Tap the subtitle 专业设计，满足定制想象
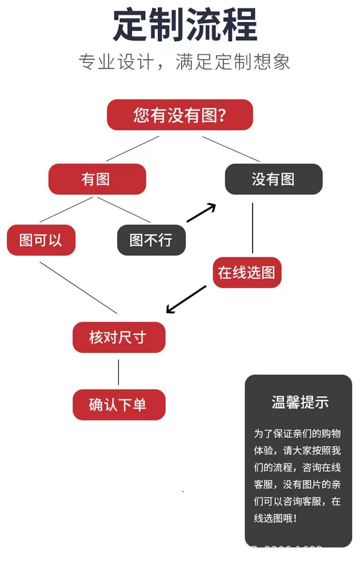coord(185,62)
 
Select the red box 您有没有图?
coord(180,115)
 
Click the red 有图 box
coord(97,179)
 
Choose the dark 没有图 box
coord(273,179)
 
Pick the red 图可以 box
coord(41,240)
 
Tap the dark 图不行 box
coord(151,240)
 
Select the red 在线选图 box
coord(247,272)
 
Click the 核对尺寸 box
coord(118,338)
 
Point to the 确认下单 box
coord(118,405)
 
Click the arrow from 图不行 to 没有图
coord(201,213)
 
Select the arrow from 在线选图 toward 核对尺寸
coord(186,299)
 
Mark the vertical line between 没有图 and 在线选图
coord(252,228)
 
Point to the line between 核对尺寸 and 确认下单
coord(118,371)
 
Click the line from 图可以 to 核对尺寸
coord(78,288)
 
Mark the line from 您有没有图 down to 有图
coord(133,149)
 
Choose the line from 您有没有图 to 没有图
coord(231,149)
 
